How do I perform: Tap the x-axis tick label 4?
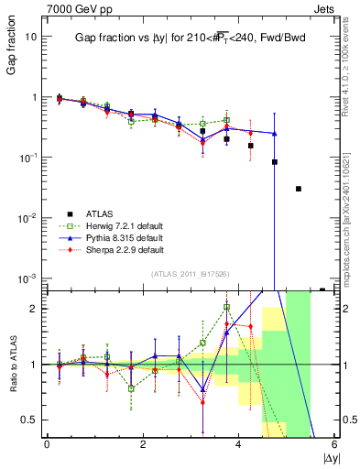239,444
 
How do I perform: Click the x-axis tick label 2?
143,444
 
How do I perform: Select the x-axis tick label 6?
334,444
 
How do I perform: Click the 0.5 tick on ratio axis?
27,420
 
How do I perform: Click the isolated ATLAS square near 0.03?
299,189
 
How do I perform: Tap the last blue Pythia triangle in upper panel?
275,133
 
